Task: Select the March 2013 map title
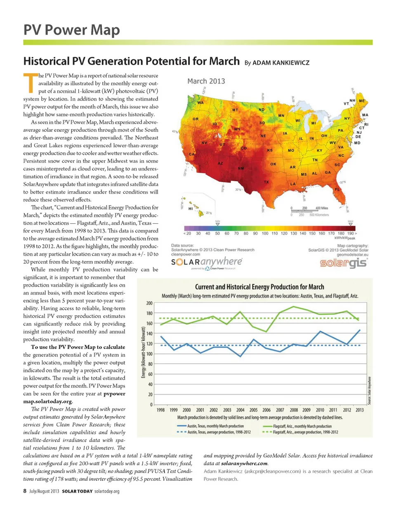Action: [x=206, y=81]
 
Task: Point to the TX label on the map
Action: [x=266, y=182]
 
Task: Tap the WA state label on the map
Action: [x=200, y=102]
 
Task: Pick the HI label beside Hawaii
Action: [x=190, y=209]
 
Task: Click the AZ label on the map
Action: [x=220, y=163]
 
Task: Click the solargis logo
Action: [x=349, y=262]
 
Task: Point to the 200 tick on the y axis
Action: [x=150, y=303]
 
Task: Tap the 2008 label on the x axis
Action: [x=294, y=410]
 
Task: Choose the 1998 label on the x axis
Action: [x=160, y=410]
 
